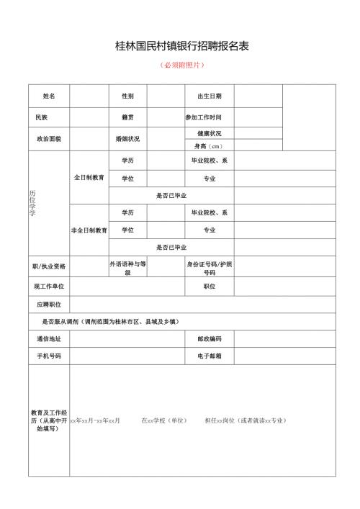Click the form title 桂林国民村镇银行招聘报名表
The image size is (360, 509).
point(182,46)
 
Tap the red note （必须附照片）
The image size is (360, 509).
point(182,66)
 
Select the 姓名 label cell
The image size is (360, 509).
point(48,96)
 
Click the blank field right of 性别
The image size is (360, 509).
point(166,96)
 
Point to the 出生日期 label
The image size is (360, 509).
point(210,96)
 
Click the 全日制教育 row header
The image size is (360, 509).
point(89,177)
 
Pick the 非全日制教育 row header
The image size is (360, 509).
point(89,230)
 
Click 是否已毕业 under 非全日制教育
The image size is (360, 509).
point(171,248)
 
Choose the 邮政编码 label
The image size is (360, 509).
point(209,338)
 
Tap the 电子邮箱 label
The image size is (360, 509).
point(209,356)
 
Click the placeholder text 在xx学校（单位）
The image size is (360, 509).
point(164,420)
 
